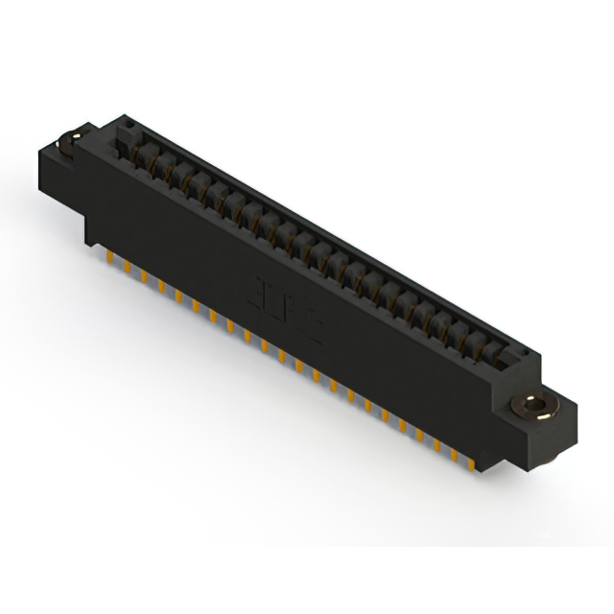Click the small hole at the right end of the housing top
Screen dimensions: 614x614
(519, 356)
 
